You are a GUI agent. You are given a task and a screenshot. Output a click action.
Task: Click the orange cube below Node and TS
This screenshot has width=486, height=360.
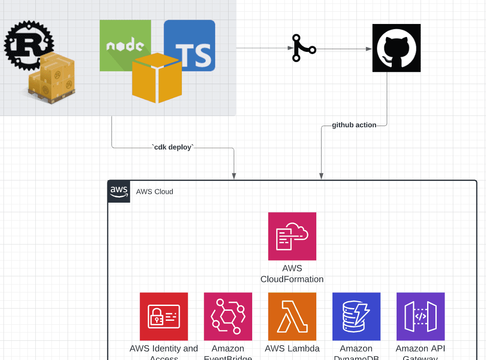157,78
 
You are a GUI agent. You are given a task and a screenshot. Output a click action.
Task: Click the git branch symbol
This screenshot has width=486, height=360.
303,48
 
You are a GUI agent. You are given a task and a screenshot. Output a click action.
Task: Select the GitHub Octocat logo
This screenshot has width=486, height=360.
396,48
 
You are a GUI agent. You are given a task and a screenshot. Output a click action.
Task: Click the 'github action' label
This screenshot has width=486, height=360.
354,125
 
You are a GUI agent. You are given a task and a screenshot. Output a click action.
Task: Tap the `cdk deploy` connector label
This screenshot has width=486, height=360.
172,147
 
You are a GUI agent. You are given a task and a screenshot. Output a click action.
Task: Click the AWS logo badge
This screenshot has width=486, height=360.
119,191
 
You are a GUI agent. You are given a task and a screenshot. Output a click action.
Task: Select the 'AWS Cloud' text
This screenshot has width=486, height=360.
154,192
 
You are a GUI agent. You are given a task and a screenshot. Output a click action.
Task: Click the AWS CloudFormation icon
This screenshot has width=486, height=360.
292,236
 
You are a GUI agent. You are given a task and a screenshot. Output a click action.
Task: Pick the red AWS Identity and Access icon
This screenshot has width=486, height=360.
164,316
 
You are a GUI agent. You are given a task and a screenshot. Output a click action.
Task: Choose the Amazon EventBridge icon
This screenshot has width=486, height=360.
228,316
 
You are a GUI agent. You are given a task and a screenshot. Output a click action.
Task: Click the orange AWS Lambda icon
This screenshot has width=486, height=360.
292,316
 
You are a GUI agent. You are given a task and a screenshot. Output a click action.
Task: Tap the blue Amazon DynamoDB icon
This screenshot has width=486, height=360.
356,316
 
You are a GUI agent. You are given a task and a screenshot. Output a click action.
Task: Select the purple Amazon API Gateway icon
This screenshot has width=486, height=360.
420,316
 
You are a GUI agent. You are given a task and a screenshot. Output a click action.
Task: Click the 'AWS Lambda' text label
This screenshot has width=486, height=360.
292,349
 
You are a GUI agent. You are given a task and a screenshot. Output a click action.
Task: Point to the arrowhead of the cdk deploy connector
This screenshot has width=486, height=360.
234,176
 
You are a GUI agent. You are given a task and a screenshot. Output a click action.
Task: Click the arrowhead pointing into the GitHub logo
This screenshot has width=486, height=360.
369,49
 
